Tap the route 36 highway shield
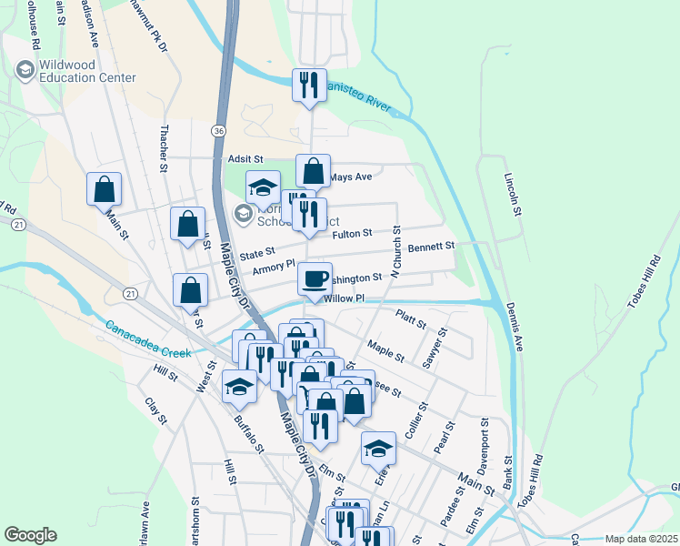pos(218,131)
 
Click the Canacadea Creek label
pos(146,339)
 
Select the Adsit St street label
pos(245,158)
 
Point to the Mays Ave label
pos(351,177)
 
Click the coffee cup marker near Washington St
pos(315,279)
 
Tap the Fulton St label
pos(353,234)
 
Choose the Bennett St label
pos(430,247)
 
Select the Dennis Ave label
pos(514,328)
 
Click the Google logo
pos(30,535)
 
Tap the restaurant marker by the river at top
pos(309,86)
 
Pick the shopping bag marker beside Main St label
pos(104,189)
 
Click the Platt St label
pos(411,317)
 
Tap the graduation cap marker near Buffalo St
pos(239,387)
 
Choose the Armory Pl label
pos(275,268)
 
